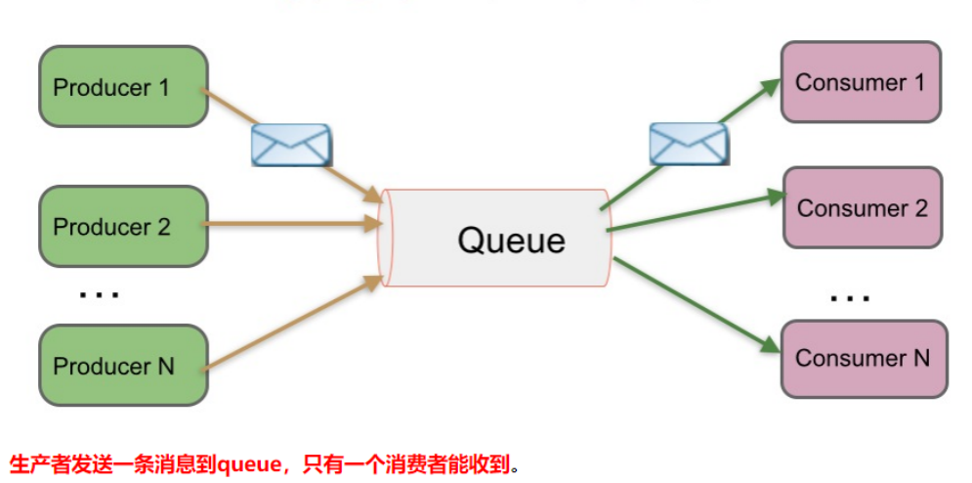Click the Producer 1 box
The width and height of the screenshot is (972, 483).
123,86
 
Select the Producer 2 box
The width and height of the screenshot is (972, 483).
123,226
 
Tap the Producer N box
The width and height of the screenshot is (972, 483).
123,366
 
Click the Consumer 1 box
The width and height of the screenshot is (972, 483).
861,82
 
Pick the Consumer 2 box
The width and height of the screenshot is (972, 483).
863,207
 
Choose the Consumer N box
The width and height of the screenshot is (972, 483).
864,358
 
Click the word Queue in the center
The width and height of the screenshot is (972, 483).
511,240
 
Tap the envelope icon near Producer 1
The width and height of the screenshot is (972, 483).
290,145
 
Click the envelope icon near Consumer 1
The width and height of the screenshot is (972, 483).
689,145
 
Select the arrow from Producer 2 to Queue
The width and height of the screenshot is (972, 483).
293,224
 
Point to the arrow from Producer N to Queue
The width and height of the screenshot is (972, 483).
293,328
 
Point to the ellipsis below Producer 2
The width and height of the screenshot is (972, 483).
98,293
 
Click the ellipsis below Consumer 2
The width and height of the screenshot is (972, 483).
848,296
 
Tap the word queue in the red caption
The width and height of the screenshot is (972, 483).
247,462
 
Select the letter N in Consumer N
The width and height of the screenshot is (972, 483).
921,358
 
